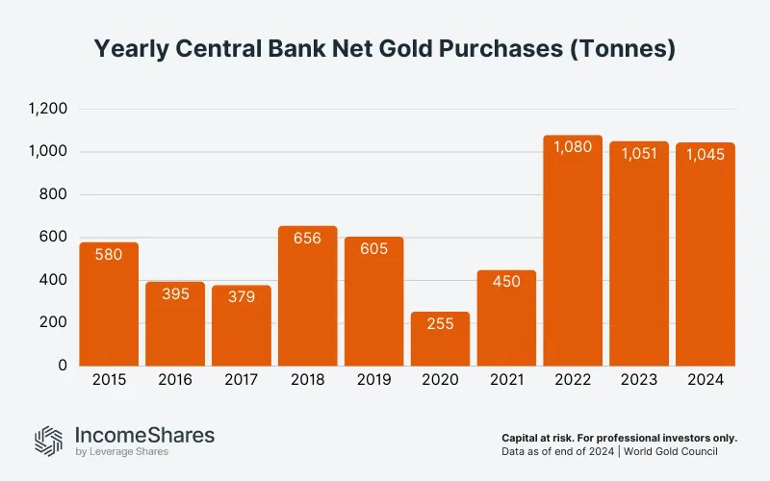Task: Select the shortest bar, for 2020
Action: click(440, 339)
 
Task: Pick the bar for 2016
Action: click(175, 324)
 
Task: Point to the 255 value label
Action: click(440, 325)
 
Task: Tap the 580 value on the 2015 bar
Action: click(109, 255)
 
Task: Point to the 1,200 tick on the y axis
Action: click(47, 109)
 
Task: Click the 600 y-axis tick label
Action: click(53, 238)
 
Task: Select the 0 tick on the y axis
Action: click(62, 366)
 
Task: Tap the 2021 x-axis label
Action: click(506, 380)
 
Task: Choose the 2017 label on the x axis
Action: click(242, 380)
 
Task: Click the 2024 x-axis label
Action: click(706, 380)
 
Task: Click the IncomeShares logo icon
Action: click(49, 440)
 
